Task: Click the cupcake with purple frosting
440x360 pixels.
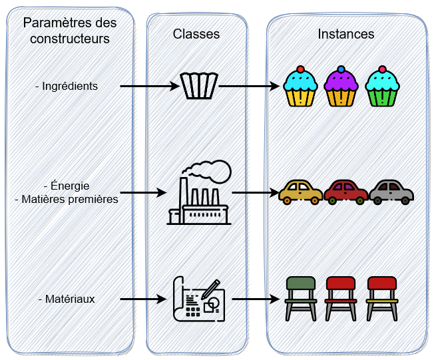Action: point(341,87)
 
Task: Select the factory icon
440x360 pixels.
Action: point(199,196)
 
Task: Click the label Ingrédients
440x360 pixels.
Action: point(67,86)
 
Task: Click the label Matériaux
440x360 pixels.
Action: point(67,299)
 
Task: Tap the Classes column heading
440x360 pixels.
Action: point(196,33)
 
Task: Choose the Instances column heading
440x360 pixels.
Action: point(345,33)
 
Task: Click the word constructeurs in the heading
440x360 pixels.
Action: point(70,39)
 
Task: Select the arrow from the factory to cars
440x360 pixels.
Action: point(256,194)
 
